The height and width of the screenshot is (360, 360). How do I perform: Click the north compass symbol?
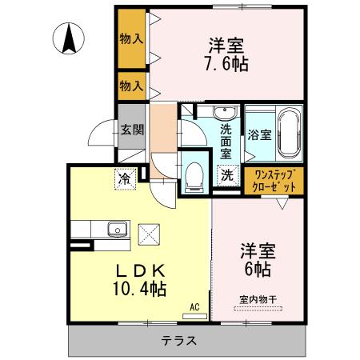(x=70, y=37)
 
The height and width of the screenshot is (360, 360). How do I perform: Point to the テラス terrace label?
(x=180, y=339)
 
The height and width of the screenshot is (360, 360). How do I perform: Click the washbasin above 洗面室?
(x=222, y=113)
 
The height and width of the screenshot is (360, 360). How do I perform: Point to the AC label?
(x=194, y=306)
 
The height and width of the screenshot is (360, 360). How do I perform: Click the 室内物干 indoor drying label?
(x=256, y=300)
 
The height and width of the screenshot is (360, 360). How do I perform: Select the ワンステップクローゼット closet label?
(x=274, y=180)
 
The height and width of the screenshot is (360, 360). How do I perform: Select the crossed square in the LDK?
(x=149, y=235)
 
